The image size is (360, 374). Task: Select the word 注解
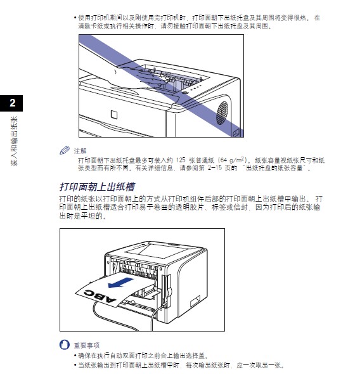80,151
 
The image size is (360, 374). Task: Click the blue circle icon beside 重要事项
63,345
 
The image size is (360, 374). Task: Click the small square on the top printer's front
113,115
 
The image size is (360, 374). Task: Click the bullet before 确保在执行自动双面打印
75,356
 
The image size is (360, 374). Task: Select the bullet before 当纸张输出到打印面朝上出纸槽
75,365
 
